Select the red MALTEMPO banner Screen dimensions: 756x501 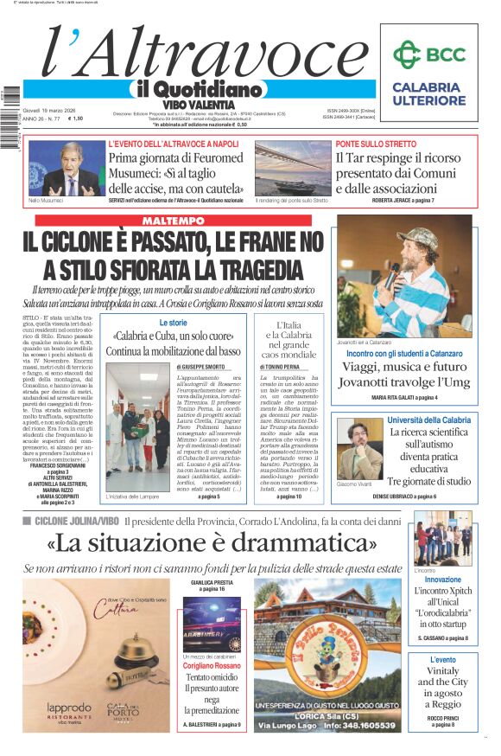(185, 221)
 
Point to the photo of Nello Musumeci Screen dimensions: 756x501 (66, 168)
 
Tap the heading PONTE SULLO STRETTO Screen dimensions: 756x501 (376, 144)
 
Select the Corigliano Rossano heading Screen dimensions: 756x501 (211, 665)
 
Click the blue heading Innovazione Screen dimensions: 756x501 (442, 580)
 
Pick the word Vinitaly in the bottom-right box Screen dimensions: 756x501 (442, 671)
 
